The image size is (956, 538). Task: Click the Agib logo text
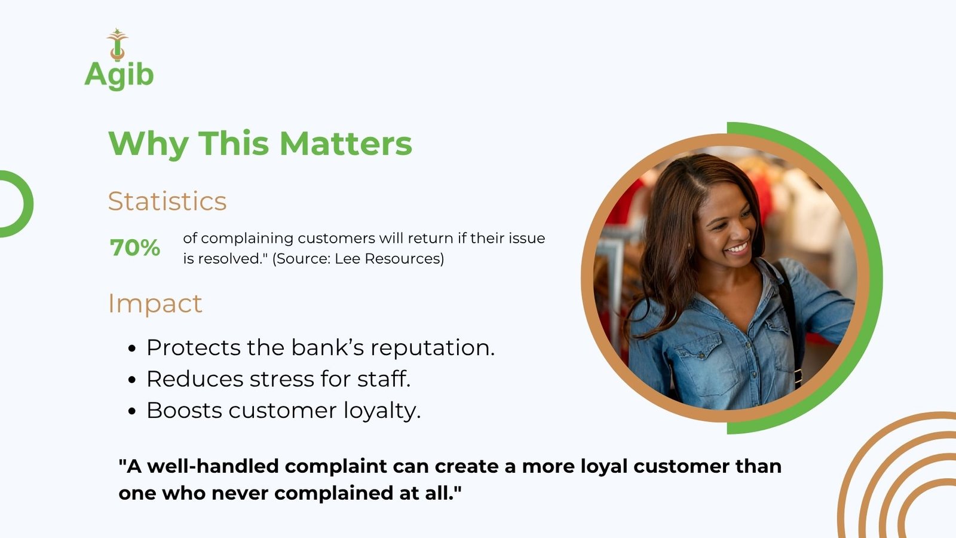point(119,75)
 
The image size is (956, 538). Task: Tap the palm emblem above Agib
point(117,44)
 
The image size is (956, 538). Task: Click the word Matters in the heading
point(346,143)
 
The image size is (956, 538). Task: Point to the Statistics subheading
point(167,201)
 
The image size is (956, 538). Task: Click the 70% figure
point(135,247)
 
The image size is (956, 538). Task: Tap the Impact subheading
point(155,304)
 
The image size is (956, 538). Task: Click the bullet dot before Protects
point(132,349)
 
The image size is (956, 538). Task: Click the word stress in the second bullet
point(281,379)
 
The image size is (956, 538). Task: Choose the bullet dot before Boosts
point(132,411)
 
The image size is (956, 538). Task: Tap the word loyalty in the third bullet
point(382,411)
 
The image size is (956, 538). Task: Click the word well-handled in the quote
point(213,466)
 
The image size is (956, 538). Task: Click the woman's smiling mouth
point(737,249)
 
